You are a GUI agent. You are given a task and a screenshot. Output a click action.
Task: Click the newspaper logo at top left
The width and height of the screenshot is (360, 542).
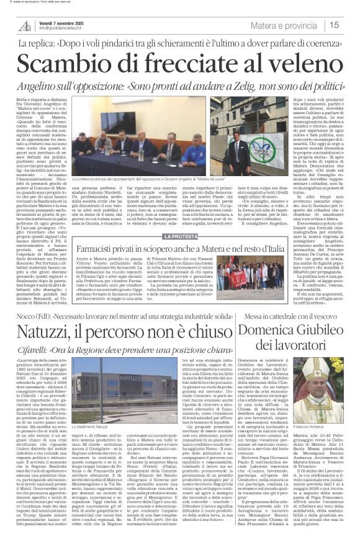[x=25, y=25]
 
